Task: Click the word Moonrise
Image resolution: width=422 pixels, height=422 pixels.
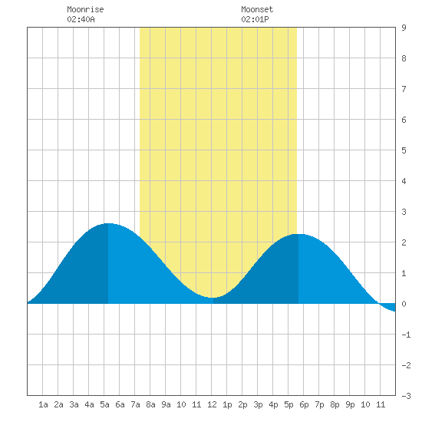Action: click(x=85, y=9)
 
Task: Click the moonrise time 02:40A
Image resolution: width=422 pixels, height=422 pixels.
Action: click(x=81, y=19)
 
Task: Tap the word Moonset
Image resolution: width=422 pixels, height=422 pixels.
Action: click(x=257, y=9)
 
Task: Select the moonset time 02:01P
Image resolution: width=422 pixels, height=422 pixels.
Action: click(x=255, y=19)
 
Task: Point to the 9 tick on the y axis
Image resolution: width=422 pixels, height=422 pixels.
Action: click(x=404, y=28)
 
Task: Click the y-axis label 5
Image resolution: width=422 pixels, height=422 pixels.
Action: click(x=404, y=150)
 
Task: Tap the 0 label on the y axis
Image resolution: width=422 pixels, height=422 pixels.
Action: click(x=404, y=304)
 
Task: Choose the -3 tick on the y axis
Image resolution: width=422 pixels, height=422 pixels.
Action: click(x=406, y=396)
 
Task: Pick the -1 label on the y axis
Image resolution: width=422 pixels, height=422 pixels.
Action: click(x=406, y=335)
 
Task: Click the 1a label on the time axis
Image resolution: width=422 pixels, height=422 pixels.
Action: click(x=43, y=404)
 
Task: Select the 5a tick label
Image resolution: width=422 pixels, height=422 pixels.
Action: click(x=104, y=404)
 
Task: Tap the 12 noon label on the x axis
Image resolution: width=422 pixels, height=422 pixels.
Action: click(x=212, y=404)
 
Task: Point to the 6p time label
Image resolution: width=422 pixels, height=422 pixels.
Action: click(x=304, y=404)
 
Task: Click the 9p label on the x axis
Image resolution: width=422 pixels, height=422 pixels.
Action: click(x=350, y=404)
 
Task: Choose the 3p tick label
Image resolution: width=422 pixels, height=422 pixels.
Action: click(x=258, y=404)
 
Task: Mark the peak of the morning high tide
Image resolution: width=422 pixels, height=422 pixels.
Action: click(x=108, y=223)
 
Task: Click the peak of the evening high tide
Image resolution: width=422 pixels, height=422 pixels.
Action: click(x=298, y=235)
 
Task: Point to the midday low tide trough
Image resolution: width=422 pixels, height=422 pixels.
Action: click(x=213, y=298)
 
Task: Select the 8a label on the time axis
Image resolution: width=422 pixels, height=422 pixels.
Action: click(x=150, y=404)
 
